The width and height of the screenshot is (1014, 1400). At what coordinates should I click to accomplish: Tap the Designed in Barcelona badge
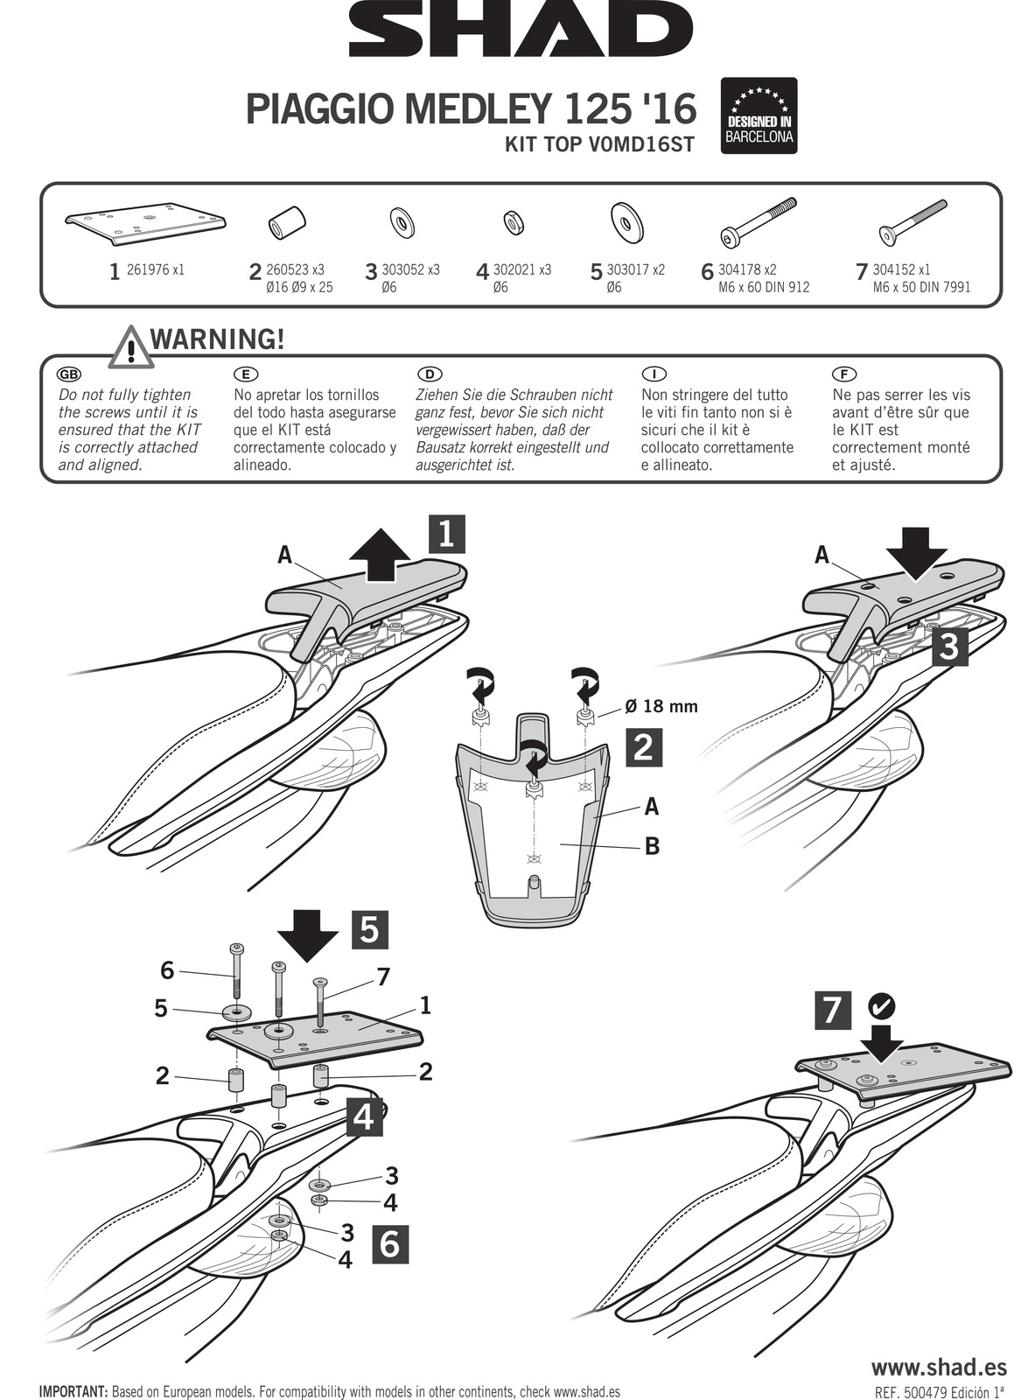point(759,115)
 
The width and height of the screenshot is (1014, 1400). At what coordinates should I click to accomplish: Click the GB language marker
point(68,374)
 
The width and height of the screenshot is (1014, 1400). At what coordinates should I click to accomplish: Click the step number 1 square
point(446,534)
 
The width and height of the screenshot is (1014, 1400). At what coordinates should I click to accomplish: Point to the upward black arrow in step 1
point(379,557)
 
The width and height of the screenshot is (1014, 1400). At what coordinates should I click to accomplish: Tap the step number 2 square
point(643,747)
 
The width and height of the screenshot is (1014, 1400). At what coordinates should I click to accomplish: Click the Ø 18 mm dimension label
point(661,706)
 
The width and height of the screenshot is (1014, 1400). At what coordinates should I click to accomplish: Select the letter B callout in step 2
point(652,846)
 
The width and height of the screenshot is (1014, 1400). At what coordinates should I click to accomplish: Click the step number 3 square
point(950,648)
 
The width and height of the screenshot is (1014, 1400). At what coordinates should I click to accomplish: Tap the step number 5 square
point(369,930)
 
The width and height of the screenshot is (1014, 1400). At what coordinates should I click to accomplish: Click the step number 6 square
point(390,1243)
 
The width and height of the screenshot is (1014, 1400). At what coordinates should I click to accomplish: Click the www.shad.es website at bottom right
point(939,1367)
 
